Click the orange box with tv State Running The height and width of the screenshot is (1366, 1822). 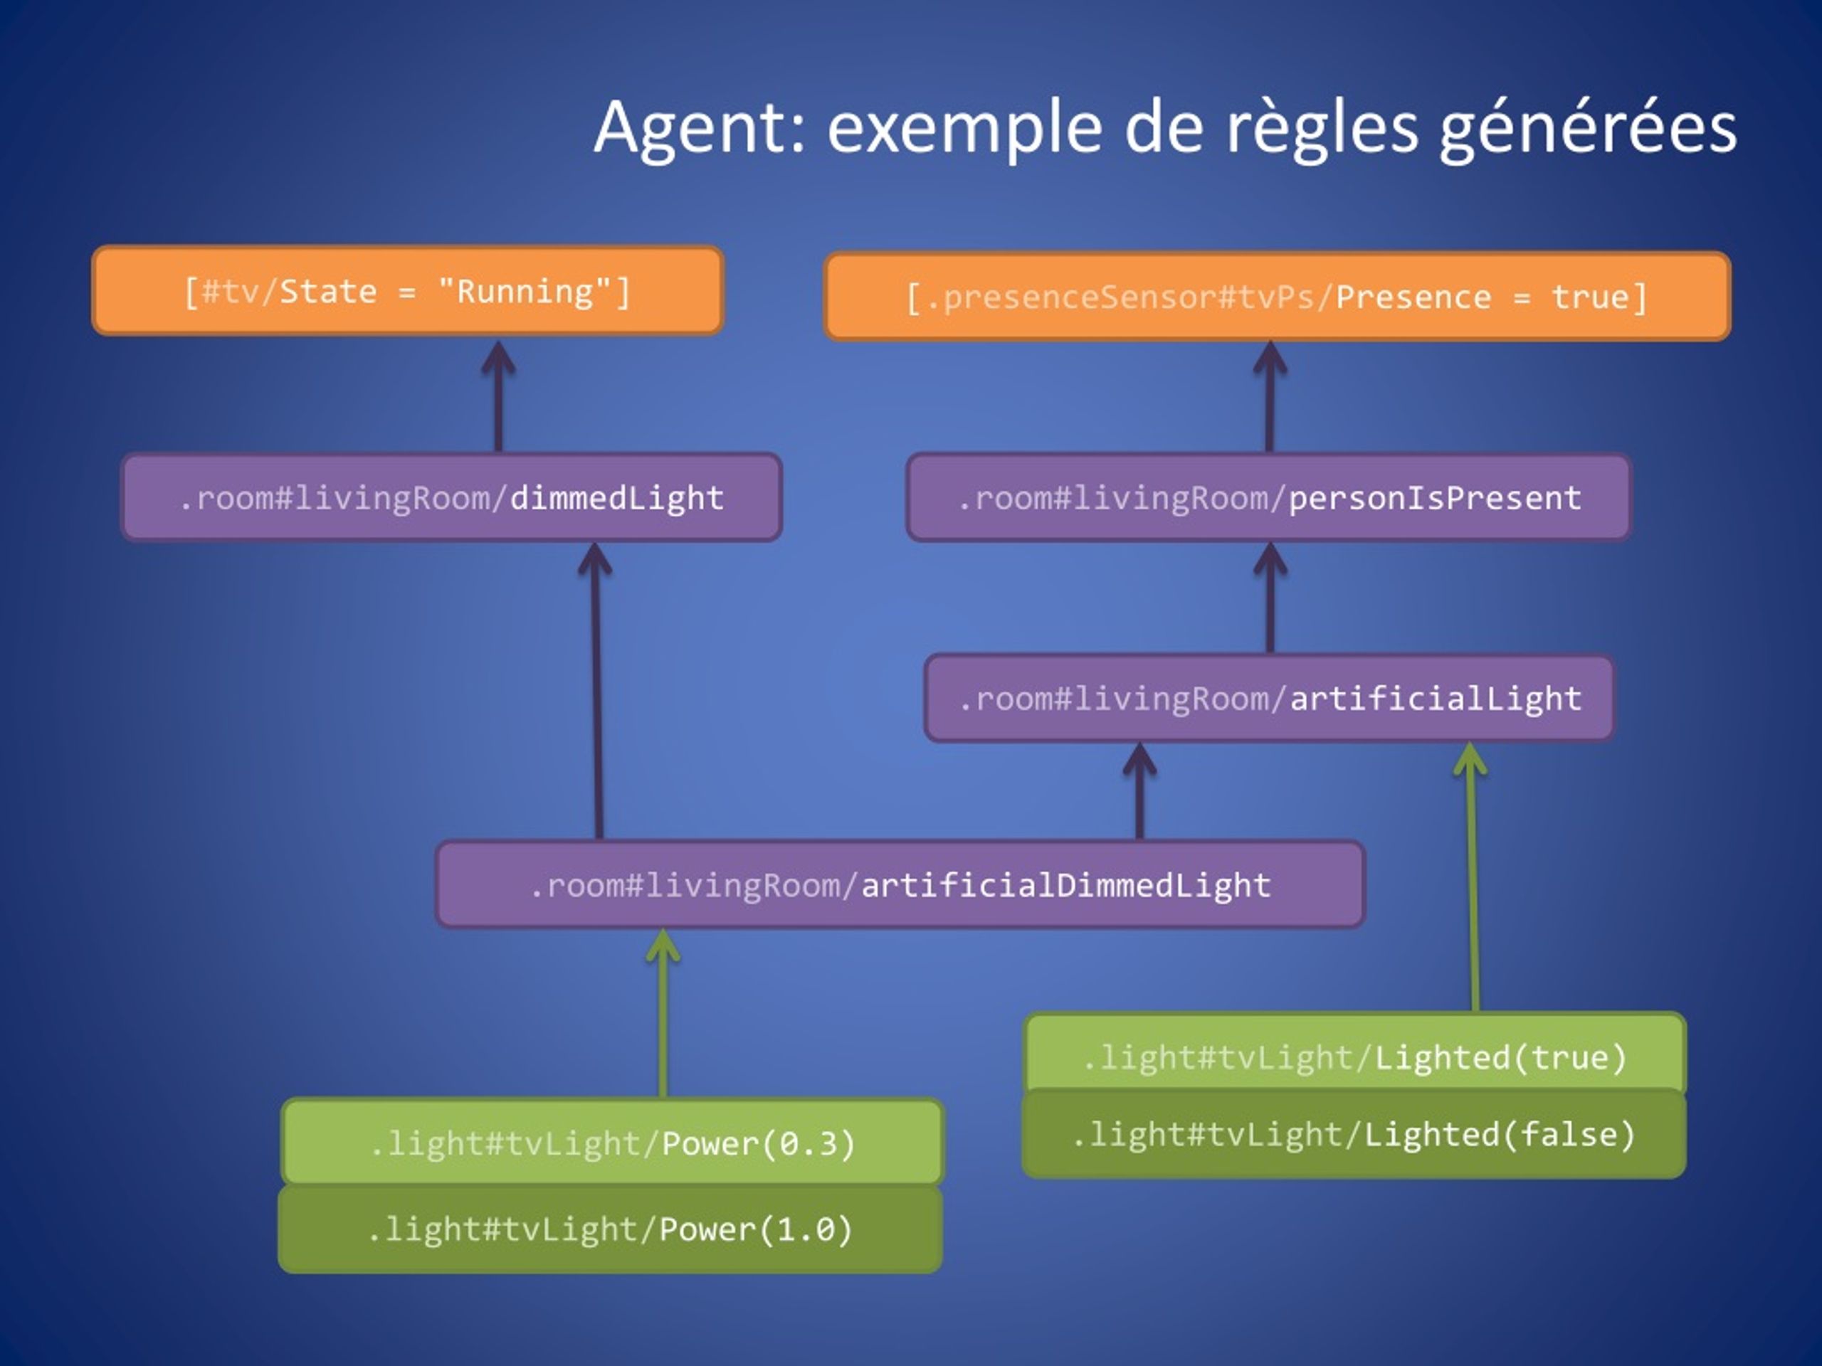pyautogui.click(x=408, y=291)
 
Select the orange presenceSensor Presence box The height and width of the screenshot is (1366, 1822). pyautogui.click(x=1277, y=297)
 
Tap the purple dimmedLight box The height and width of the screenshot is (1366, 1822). pyautogui.click(x=451, y=497)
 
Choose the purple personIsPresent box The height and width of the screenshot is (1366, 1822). pyautogui.click(x=1268, y=497)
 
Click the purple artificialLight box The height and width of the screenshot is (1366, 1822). pyautogui.click(x=1269, y=698)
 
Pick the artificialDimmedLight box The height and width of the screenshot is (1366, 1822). pyautogui.click(x=900, y=884)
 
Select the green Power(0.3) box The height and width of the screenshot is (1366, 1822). pyautogui.click(x=612, y=1142)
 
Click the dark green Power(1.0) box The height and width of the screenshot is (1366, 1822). pyautogui.click(x=611, y=1229)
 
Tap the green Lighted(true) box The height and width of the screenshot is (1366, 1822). pyautogui.click(x=1356, y=1056)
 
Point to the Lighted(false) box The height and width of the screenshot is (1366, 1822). pyautogui.click(x=1354, y=1134)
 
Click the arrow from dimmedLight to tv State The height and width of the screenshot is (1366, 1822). pyautogui.click(x=498, y=397)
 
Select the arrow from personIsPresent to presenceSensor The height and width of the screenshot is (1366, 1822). pyautogui.click(x=1270, y=397)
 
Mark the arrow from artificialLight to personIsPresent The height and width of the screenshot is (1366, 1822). pyautogui.click(x=1270, y=598)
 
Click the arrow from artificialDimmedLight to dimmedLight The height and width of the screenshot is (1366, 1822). pyautogui.click(x=596, y=692)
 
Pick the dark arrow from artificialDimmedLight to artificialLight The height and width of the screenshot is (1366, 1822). pyautogui.click(x=1140, y=791)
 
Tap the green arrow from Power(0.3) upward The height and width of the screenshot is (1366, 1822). pyautogui.click(x=663, y=1014)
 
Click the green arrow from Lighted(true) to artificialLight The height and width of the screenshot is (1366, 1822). pyautogui.click(x=1472, y=878)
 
